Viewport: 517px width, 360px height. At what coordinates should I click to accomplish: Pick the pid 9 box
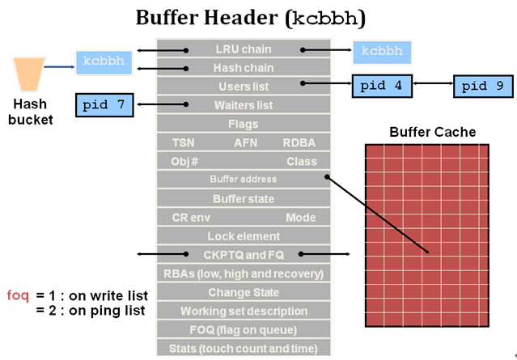click(x=484, y=87)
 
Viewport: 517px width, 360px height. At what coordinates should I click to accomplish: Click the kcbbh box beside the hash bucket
click(x=104, y=61)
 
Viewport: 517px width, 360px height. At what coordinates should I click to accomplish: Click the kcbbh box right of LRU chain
click(x=381, y=52)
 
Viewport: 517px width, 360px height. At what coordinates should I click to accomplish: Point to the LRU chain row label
click(x=244, y=49)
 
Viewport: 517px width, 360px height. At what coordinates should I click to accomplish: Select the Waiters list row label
click(x=244, y=105)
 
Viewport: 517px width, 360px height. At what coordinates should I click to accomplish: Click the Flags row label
click(x=244, y=125)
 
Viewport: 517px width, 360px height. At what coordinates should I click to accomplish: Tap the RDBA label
click(x=299, y=143)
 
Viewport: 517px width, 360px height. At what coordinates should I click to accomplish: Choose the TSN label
click(x=184, y=143)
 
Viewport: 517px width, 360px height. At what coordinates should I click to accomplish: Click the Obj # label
click(x=185, y=162)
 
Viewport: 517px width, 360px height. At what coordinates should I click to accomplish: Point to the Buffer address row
click(x=243, y=180)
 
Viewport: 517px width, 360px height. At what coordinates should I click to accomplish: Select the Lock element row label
click(x=244, y=236)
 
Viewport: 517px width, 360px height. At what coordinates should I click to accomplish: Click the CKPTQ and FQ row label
click(x=244, y=255)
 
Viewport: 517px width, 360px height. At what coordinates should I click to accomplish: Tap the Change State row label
click(x=244, y=292)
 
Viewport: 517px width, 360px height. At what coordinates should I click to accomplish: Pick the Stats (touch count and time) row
click(x=244, y=349)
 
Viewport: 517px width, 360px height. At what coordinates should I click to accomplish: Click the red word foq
click(x=18, y=294)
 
